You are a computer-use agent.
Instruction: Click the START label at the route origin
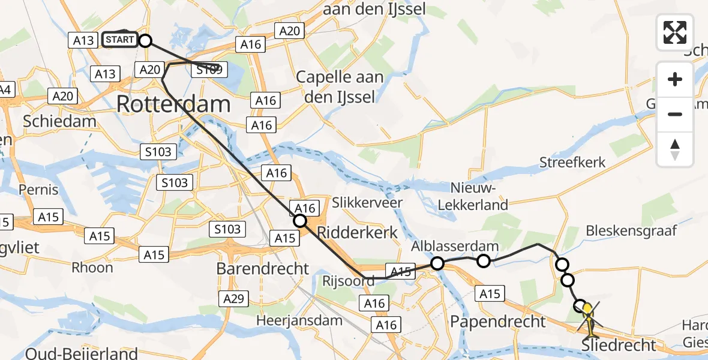tap(120, 40)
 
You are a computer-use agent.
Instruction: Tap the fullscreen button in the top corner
tap(675, 32)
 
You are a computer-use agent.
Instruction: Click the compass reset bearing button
tap(675, 149)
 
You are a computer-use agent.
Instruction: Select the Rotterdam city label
tap(173, 104)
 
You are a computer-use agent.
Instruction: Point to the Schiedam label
tap(59, 121)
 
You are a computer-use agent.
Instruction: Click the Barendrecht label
tap(263, 268)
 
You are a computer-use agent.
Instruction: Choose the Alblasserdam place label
tap(455, 246)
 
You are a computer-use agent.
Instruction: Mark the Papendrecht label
tap(499, 321)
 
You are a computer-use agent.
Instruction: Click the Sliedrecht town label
tap(620, 346)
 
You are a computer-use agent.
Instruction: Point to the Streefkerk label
tap(572, 163)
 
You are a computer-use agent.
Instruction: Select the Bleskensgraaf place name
tap(631, 230)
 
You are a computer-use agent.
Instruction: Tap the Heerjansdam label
tap(299, 321)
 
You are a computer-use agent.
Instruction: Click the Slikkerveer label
tap(368, 203)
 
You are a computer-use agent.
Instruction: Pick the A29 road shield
tap(236, 298)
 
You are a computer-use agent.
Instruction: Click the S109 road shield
tap(209, 71)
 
